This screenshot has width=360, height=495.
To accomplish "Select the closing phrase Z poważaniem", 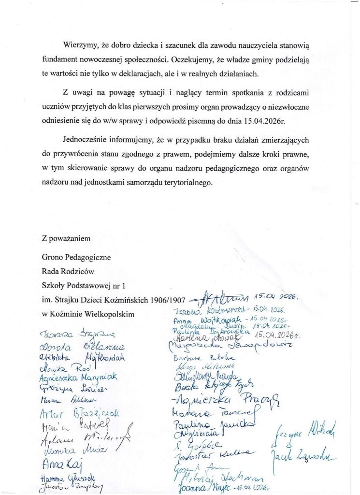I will [x=66, y=238].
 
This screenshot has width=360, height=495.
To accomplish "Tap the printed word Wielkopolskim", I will [x=104, y=313].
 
